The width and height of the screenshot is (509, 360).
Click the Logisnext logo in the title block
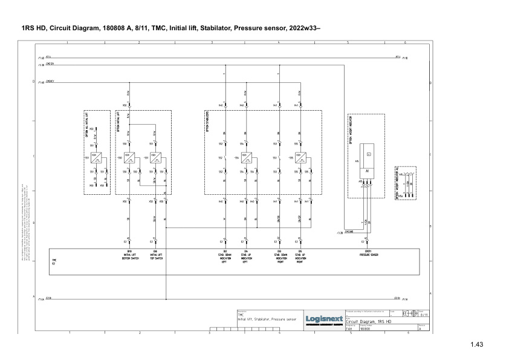click(x=323, y=319)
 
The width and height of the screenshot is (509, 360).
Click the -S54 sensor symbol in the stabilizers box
click(x=246, y=159)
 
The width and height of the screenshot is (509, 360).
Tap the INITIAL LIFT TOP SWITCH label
click(x=155, y=255)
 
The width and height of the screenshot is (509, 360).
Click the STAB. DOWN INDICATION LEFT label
click(x=224, y=257)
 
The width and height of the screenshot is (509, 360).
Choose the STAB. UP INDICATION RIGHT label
click(x=300, y=257)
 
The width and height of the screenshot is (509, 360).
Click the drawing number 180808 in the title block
click(x=365, y=329)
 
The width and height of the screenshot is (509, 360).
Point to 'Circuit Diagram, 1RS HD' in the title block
click(x=371, y=322)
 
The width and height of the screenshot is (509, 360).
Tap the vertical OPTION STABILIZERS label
click(x=208, y=122)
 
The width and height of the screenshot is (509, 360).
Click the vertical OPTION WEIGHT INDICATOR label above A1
click(x=351, y=128)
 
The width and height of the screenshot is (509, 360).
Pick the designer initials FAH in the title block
click(x=349, y=329)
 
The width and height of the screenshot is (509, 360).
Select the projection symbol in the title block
click(x=410, y=313)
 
